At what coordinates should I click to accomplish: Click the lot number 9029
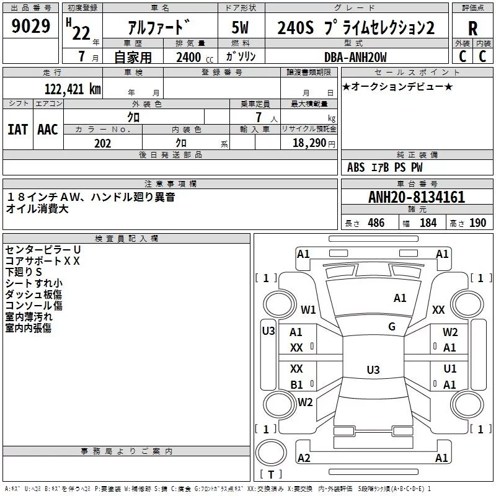pyautogui.click(x=31, y=27)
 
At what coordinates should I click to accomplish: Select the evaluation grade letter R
pyautogui.click(x=472, y=28)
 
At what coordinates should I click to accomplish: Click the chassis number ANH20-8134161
pyautogui.click(x=416, y=197)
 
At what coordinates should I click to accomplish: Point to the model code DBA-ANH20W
pyautogui.click(x=355, y=58)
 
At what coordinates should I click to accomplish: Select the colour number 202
pyautogui.click(x=102, y=143)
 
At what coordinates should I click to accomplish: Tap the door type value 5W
pyautogui.click(x=241, y=28)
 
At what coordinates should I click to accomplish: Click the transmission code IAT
pyautogui.click(x=17, y=130)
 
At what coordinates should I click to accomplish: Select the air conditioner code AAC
pyautogui.click(x=48, y=130)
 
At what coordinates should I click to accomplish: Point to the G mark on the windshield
pyautogui.click(x=392, y=327)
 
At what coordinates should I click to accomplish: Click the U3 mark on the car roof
pyautogui.click(x=373, y=370)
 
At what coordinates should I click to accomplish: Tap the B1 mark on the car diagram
pyautogui.click(x=297, y=385)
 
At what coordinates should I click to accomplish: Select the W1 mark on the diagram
pyautogui.click(x=308, y=310)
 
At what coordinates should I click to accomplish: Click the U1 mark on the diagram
pyautogui.click(x=450, y=369)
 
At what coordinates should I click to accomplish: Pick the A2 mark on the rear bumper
pyautogui.click(x=304, y=458)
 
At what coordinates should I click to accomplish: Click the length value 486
pyautogui.click(x=375, y=223)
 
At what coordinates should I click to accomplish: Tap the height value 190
pyautogui.click(x=477, y=223)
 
